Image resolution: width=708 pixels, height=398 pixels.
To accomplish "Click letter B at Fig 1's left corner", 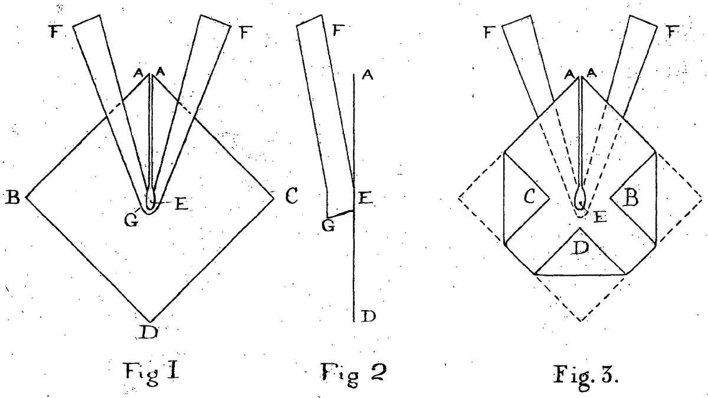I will [x=12, y=197].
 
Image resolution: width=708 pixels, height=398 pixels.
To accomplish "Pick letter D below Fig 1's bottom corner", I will [x=148, y=334].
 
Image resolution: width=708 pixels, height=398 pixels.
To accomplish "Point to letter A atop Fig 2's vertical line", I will [x=368, y=75].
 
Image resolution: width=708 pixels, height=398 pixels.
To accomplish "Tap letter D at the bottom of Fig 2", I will [x=368, y=317].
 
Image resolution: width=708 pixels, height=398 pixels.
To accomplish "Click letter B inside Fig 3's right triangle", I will [x=631, y=197].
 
